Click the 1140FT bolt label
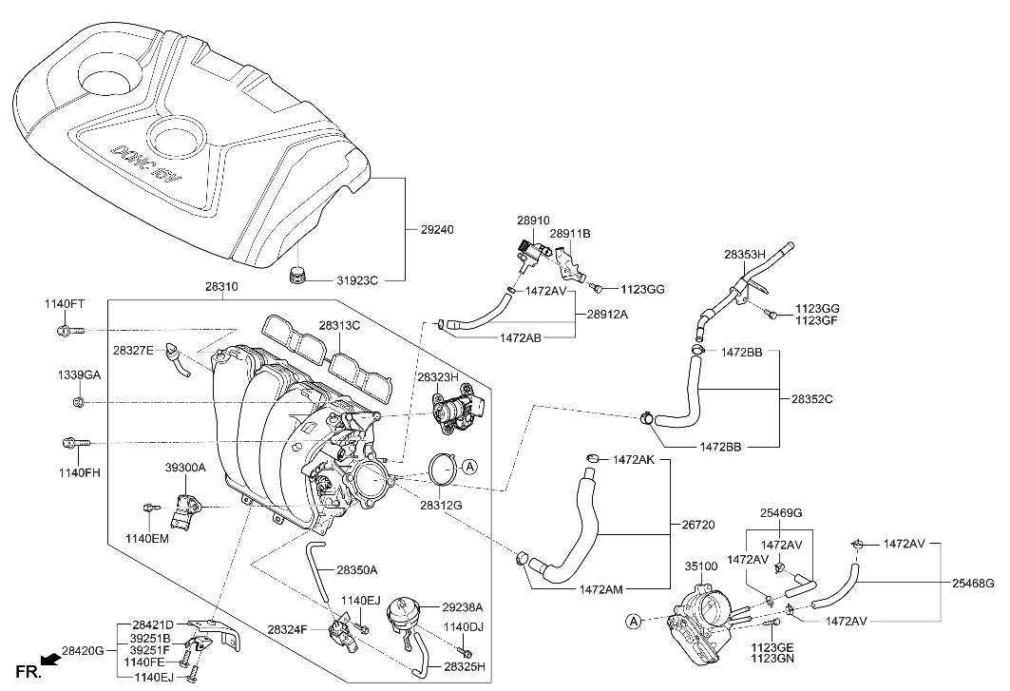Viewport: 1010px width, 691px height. click(64, 304)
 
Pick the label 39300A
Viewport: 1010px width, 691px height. click(184, 468)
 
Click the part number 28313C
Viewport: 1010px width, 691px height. click(339, 325)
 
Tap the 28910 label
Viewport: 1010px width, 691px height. click(533, 220)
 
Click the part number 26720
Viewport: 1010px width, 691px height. click(700, 524)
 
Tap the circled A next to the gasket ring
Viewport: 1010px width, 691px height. click(472, 466)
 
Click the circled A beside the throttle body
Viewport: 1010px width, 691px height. click(632, 622)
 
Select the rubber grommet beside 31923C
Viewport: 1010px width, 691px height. click(298, 277)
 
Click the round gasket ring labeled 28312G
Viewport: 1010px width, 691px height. click(440, 469)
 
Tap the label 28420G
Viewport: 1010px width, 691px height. click(84, 652)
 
